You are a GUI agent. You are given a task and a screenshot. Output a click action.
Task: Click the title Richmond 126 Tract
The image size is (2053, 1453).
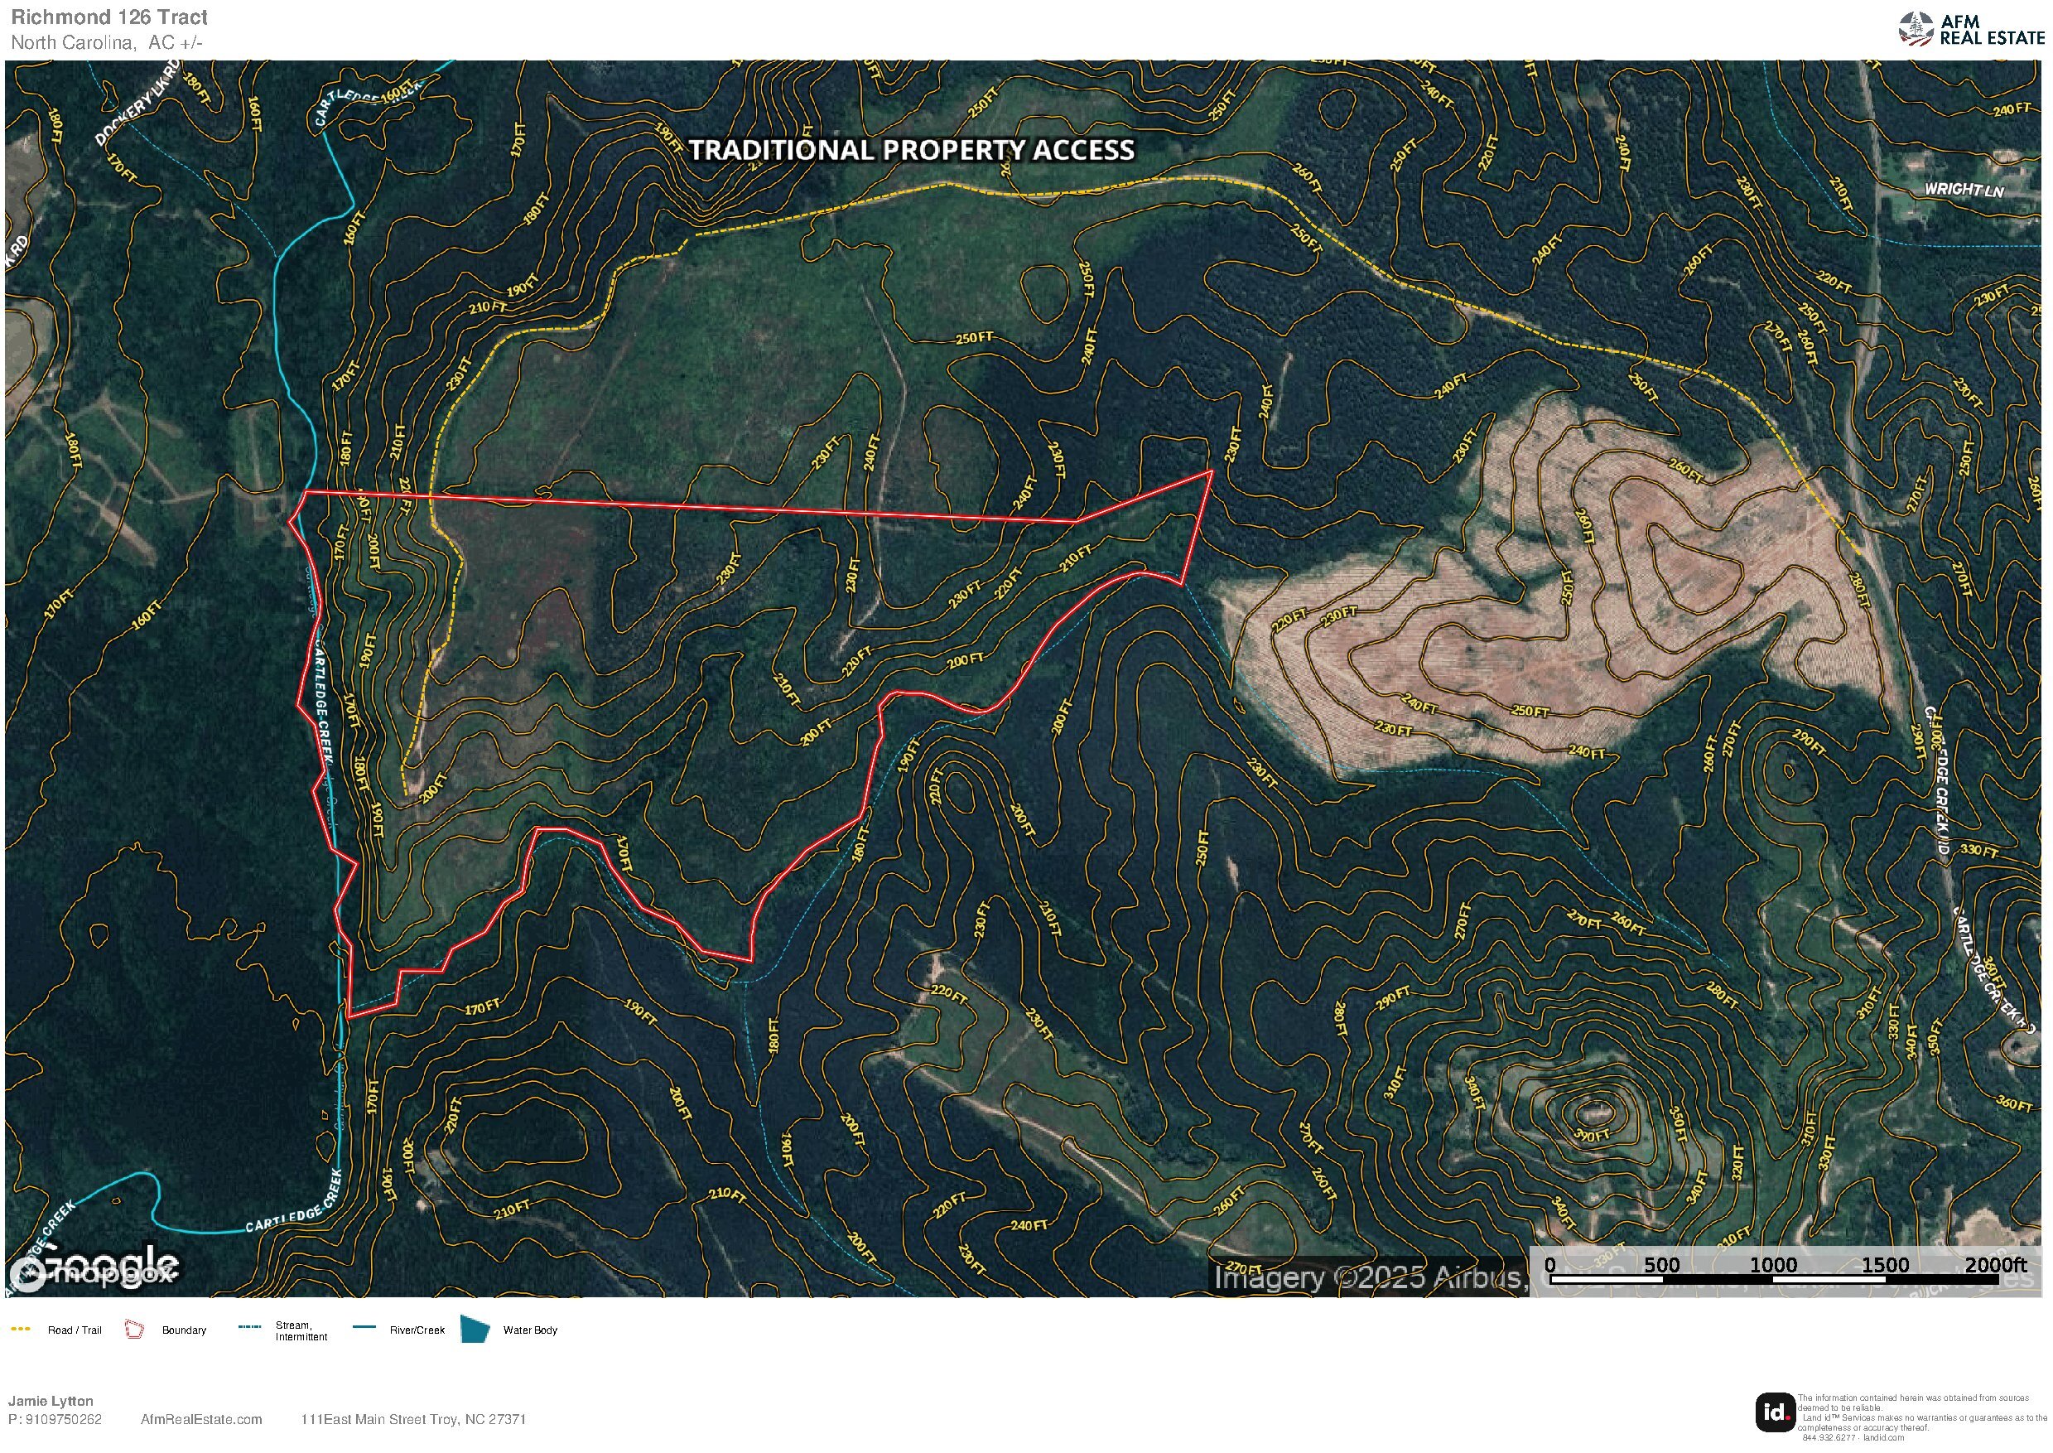click(x=109, y=17)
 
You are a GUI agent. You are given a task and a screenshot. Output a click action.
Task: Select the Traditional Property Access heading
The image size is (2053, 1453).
click(x=912, y=150)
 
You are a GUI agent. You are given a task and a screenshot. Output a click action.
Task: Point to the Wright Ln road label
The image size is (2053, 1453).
click(x=1964, y=190)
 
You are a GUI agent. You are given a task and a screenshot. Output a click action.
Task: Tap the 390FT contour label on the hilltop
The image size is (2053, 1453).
click(x=1593, y=1135)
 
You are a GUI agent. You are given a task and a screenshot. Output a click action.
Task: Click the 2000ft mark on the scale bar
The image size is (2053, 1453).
click(x=1995, y=1264)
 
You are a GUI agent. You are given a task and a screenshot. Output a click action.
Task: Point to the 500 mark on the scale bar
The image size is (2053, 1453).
click(x=1661, y=1264)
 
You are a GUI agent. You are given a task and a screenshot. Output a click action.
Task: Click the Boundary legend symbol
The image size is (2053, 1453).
click(x=134, y=1330)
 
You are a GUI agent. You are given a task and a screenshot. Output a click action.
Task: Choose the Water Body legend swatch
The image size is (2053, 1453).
click(x=474, y=1329)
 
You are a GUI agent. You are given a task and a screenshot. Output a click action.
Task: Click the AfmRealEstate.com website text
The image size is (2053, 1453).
click(x=201, y=1419)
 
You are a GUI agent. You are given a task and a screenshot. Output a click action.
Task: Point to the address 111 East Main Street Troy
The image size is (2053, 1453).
click(x=413, y=1419)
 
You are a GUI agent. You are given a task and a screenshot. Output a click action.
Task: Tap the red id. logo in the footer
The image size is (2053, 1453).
click(x=1775, y=1412)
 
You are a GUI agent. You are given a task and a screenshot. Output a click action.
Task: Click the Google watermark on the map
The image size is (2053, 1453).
click(x=94, y=1266)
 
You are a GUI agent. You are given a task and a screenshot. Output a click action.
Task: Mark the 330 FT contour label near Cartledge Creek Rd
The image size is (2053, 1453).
click(x=1978, y=850)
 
